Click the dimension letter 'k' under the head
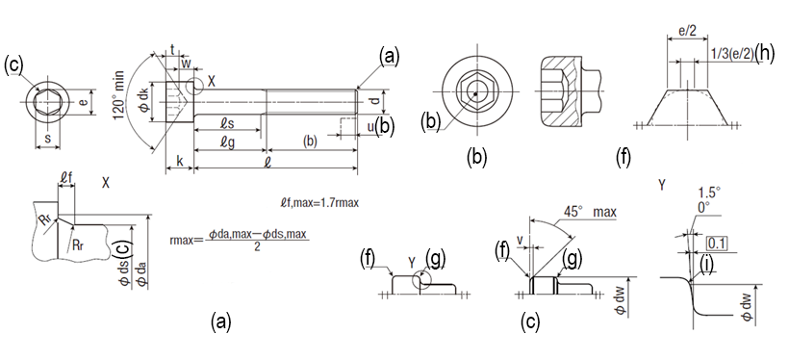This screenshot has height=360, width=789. [179, 161]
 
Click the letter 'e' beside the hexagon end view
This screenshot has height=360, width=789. [84, 102]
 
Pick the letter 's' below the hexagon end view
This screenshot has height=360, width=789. [47, 138]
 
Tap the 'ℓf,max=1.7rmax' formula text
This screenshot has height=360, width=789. [318, 203]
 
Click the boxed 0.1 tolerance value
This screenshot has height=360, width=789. [715, 244]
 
